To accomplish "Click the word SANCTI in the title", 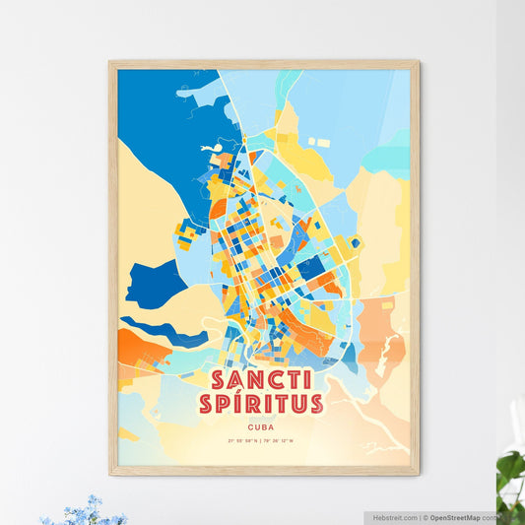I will coord(261,380).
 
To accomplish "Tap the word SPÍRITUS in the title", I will coord(261,403).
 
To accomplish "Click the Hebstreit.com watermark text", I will coord(394,516).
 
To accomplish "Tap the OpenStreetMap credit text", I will coord(461,516).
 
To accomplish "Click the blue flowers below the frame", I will coord(84,511).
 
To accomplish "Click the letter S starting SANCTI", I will coord(218,380).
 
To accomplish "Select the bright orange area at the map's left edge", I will coord(134,348).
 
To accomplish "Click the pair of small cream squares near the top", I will coord(317,142).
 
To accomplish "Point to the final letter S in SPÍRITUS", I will coord(315,403).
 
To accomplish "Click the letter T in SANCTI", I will coord(292,380).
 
